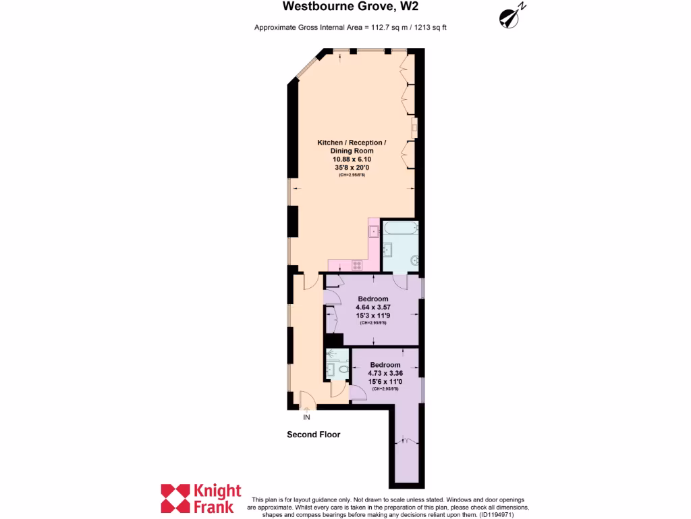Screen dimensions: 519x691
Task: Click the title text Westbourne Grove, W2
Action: (x=345, y=7)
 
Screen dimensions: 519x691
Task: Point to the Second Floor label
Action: (x=314, y=435)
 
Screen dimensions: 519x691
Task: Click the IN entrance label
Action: (x=307, y=417)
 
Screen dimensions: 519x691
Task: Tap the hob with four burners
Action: (x=357, y=264)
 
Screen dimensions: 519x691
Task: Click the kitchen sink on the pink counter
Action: (x=374, y=232)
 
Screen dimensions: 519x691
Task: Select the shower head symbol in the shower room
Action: (x=331, y=353)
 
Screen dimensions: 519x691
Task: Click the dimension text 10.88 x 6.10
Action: (x=352, y=159)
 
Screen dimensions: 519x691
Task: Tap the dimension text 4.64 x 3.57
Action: (x=373, y=307)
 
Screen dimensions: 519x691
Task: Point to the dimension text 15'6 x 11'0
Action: (x=385, y=381)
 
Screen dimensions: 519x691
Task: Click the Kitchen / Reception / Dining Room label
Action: (x=352, y=147)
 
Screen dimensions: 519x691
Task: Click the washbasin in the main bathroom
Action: (x=388, y=251)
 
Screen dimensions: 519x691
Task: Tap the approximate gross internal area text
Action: (x=350, y=28)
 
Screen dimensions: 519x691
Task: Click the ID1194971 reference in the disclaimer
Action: (x=497, y=514)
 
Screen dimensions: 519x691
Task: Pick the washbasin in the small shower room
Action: (x=331, y=369)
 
